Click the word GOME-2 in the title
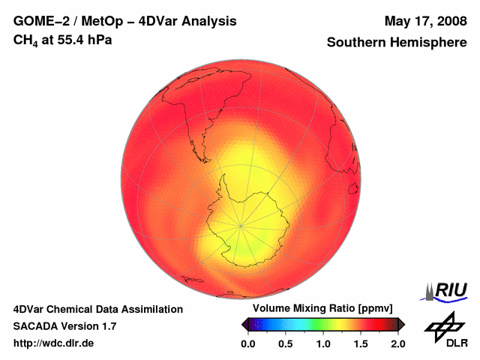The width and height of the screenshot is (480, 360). point(39,21)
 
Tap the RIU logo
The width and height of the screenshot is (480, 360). point(448,291)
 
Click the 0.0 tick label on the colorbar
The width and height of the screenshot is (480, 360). point(248,343)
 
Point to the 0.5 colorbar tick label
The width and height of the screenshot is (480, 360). point(286,343)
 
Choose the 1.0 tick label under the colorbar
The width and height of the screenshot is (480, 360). point(323,343)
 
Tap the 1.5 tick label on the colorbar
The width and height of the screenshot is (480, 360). point(361,343)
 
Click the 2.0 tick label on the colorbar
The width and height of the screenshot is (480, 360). point(397,343)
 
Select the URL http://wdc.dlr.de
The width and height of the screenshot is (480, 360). point(54,343)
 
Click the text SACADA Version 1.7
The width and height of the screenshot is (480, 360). point(64,326)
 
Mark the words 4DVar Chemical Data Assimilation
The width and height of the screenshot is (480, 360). point(97,309)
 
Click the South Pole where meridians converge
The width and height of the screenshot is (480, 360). point(241,224)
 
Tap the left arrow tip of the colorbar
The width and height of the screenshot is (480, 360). point(243,324)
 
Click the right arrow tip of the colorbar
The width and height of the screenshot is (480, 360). point(403,324)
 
